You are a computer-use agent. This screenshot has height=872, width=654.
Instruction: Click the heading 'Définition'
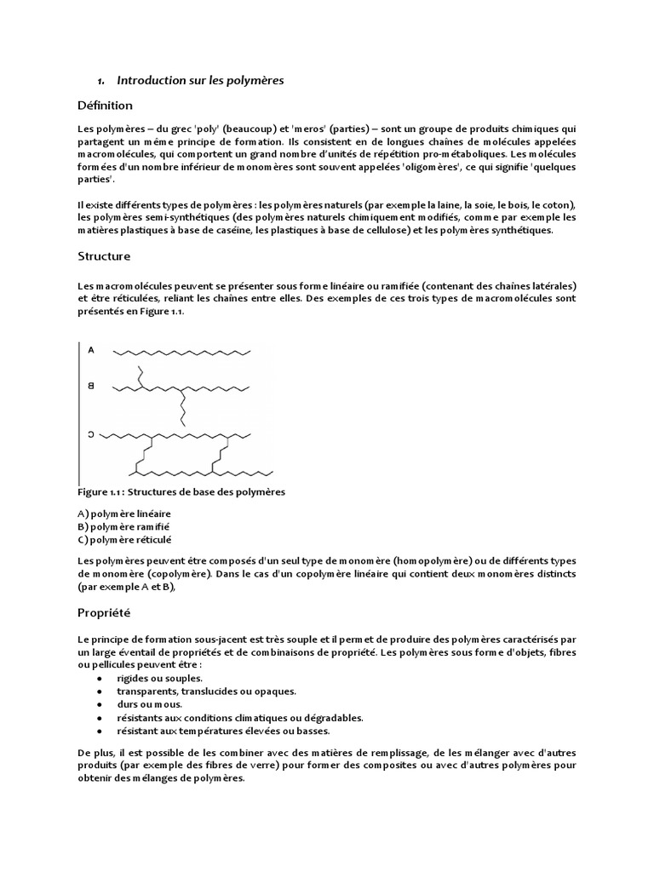[x=105, y=106]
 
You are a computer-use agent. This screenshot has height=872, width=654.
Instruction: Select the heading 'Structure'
[x=104, y=256]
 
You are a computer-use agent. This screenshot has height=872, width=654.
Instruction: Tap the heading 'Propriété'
[x=103, y=613]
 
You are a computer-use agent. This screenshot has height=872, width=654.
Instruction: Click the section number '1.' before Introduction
[x=100, y=81]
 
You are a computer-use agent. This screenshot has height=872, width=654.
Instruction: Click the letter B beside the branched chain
[x=91, y=387]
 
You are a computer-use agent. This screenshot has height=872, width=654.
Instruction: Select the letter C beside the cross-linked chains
[x=91, y=435]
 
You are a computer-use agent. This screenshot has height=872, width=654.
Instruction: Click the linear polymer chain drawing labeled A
[x=183, y=351]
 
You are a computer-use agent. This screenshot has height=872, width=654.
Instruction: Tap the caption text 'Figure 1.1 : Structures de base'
[x=181, y=492]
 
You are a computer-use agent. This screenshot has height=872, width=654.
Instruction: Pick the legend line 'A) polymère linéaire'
[x=123, y=513]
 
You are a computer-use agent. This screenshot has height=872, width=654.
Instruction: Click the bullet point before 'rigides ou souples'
[x=100, y=679]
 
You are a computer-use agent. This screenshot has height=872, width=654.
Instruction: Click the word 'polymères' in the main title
[x=251, y=81]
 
